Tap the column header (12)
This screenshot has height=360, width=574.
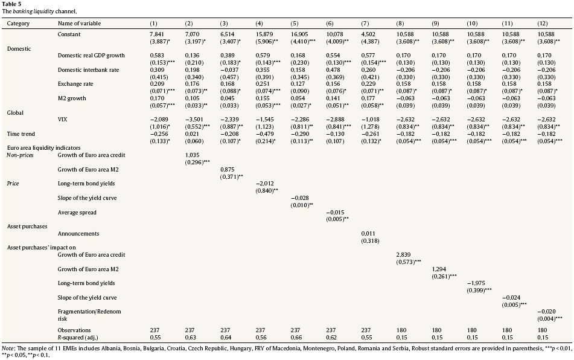542,23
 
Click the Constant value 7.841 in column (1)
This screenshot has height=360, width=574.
158,34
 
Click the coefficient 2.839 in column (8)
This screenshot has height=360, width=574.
403,255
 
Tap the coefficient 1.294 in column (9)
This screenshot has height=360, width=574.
438,268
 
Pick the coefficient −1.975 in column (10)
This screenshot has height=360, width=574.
476,282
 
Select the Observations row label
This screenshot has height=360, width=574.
74,330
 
